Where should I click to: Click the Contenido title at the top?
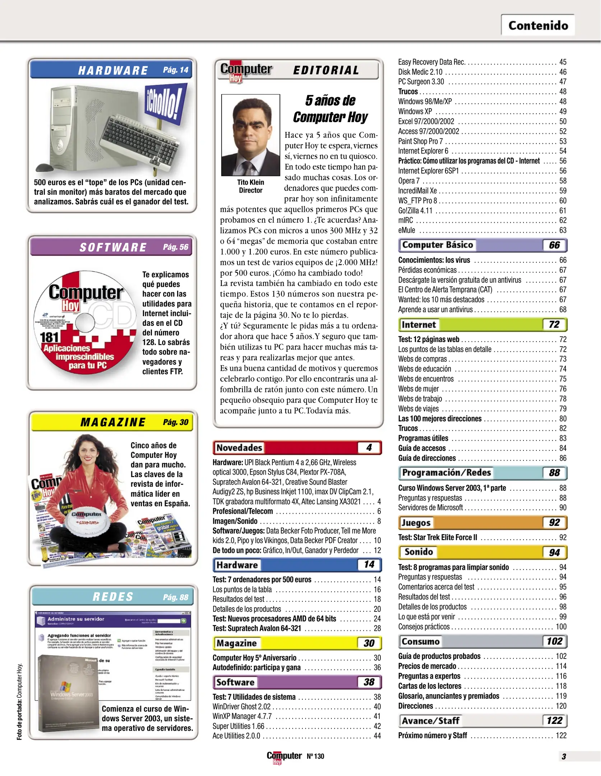pos(538,26)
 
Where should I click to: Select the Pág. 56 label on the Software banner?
pos(175,247)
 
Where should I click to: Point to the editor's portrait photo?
pos(250,135)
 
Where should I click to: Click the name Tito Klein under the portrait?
pos(250,182)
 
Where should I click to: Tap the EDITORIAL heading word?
pos(326,70)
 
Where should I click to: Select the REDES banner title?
pos(113,597)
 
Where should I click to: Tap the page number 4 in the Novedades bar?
pos(369,448)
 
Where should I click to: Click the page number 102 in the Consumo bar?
pos(554,641)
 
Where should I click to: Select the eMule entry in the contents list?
pos(407,230)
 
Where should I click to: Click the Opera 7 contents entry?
pos(408,181)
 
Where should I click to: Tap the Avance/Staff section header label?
pos(430,721)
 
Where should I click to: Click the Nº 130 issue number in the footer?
pos(315,756)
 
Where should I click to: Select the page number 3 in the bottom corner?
pos(564,756)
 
